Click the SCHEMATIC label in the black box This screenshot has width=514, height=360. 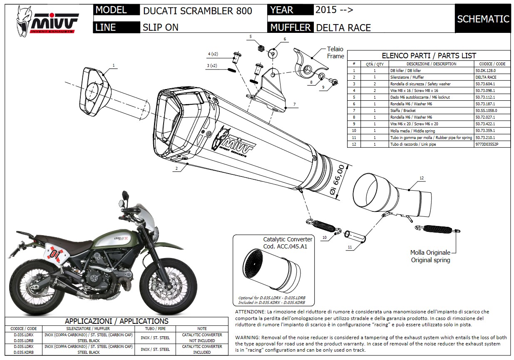483,19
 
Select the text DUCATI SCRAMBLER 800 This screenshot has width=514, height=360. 197,11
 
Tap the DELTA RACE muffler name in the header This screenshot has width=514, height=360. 343,28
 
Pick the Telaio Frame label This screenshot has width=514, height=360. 335,52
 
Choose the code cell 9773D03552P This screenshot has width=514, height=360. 487,144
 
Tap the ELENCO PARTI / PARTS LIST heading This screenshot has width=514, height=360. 429,56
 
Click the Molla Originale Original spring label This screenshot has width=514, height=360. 430,256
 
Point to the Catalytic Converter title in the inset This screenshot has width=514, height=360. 288,239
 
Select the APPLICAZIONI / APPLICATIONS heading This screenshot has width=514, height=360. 117,321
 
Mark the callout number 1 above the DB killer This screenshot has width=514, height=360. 113,65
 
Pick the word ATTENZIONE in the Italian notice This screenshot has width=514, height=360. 250,312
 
